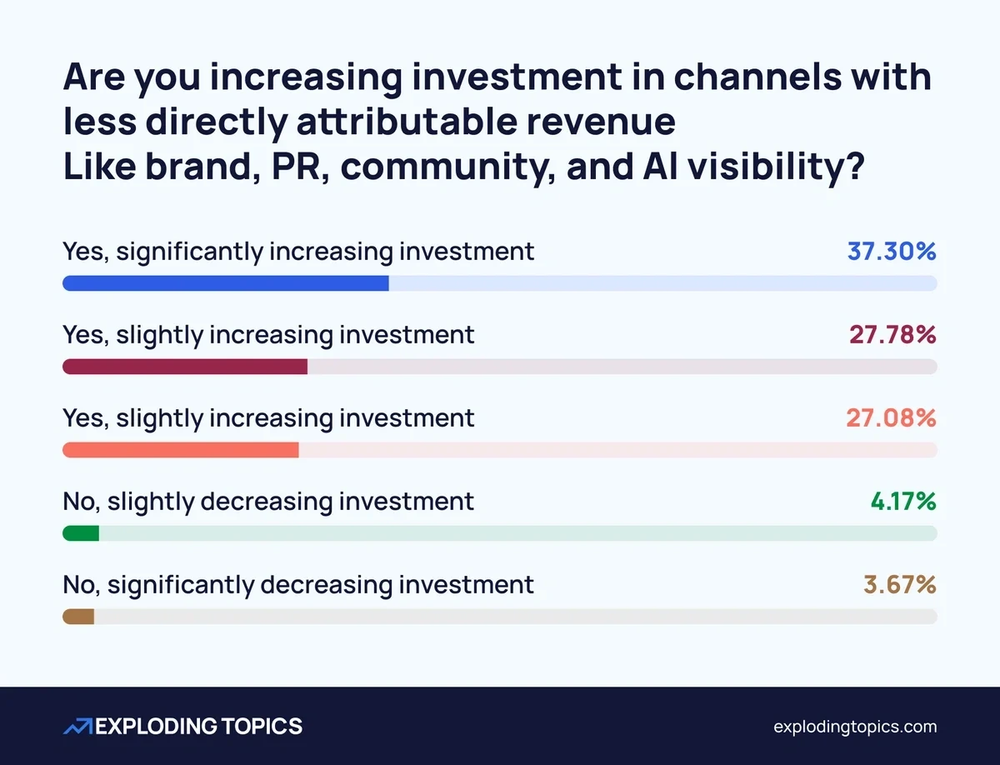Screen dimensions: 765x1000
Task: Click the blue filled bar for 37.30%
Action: point(226,283)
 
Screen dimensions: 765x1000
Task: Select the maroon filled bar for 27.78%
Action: point(185,367)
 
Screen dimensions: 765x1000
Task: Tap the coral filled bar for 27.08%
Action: point(181,450)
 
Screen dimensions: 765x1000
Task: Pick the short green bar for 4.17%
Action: point(81,533)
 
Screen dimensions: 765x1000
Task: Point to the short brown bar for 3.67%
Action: point(78,617)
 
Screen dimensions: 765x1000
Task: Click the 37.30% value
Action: point(892,251)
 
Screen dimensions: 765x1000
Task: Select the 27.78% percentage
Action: point(892,334)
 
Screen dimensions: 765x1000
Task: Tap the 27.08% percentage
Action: point(891,417)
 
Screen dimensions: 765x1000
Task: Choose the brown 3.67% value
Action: point(899,584)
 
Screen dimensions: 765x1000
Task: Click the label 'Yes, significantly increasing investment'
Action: point(298,251)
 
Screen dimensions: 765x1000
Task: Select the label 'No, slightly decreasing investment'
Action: point(268,501)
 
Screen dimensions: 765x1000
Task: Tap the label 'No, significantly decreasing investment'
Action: point(298,584)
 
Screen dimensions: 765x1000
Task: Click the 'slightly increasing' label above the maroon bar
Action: point(268,334)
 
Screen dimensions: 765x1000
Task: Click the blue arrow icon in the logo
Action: point(77,727)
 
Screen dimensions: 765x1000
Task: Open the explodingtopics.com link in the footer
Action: point(855,727)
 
